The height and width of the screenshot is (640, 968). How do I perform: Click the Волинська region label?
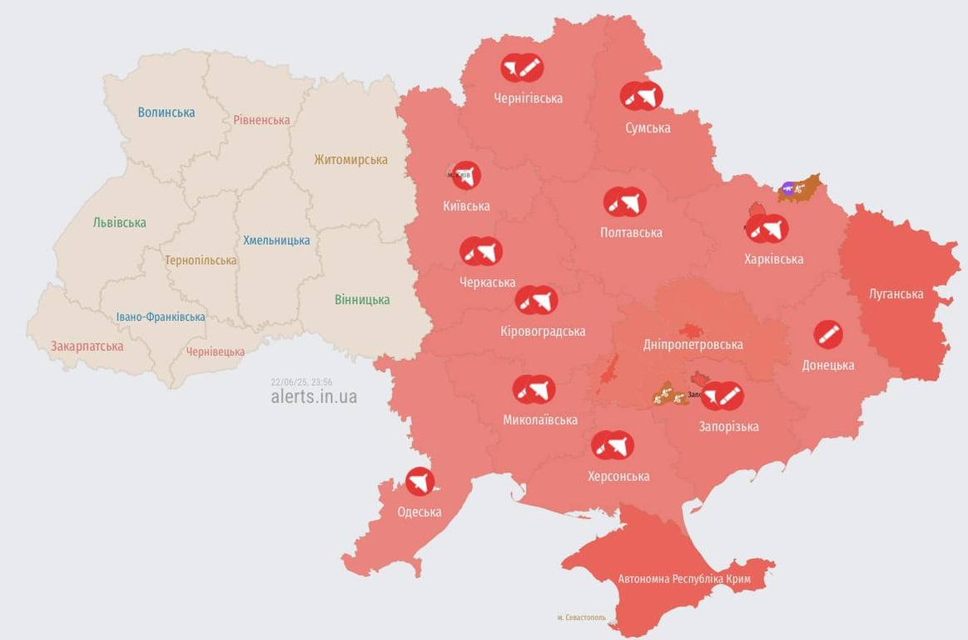tap(166, 112)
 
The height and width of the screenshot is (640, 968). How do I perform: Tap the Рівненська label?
tap(261, 120)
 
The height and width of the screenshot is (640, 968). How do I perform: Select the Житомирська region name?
tap(350, 159)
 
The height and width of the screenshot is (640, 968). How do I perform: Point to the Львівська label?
tap(119, 222)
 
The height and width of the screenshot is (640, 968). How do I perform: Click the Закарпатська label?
tap(87, 346)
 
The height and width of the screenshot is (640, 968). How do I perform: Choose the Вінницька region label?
tap(362, 300)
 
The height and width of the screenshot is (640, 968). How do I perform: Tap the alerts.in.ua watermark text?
tap(314, 397)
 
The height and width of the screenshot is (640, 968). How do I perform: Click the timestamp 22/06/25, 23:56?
tap(301, 382)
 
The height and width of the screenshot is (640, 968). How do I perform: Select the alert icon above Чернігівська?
tap(522, 67)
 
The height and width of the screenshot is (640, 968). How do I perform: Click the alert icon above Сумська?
tap(642, 97)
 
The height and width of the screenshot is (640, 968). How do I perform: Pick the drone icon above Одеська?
tap(420, 481)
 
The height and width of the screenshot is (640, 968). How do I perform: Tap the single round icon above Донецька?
tap(827, 335)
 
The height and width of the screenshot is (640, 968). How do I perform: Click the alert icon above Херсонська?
tap(613, 446)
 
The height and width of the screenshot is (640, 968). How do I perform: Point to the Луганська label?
tap(896, 294)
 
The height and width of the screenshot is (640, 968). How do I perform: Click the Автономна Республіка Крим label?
tap(684, 578)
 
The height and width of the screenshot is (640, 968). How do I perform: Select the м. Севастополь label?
tap(582, 617)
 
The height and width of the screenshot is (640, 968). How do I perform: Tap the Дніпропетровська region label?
tap(693, 344)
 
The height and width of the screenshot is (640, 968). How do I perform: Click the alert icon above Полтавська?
tap(625, 202)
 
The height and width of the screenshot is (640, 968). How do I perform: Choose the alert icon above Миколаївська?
tap(534, 389)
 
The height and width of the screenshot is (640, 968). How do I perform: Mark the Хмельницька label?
tap(276, 241)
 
